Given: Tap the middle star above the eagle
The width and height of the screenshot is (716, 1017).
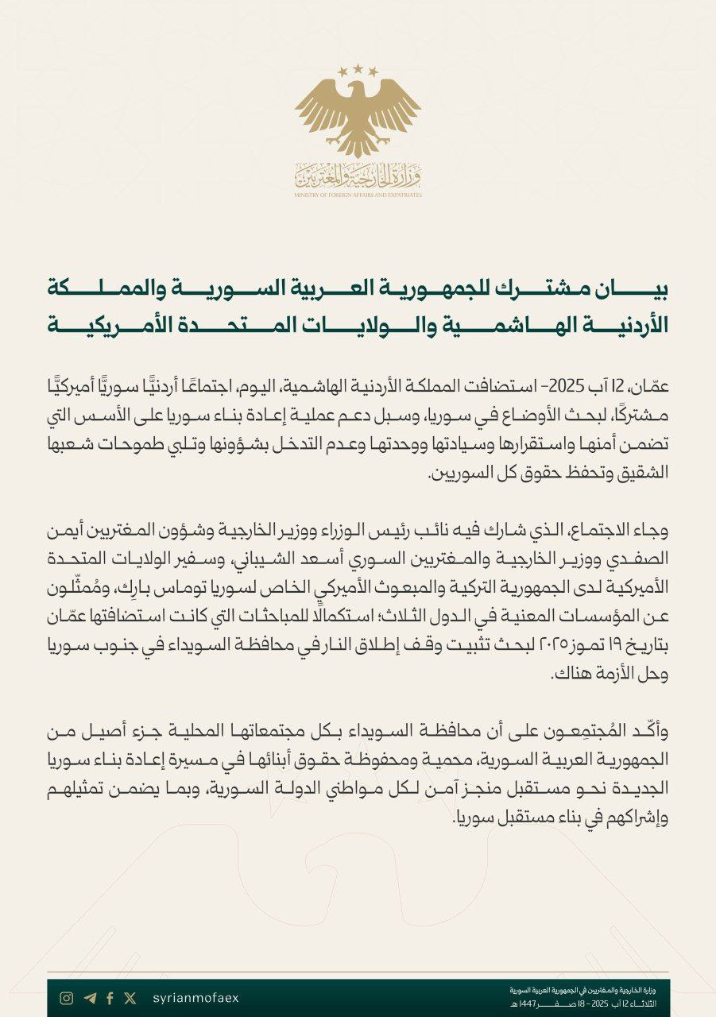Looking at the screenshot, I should pyautogui.click(x=358, y=69).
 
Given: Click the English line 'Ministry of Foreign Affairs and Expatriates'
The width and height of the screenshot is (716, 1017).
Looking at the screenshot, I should pyautogui.click(x=358, y=195).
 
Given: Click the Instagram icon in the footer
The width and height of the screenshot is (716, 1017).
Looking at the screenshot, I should pyautogui.click(x=67, y=998).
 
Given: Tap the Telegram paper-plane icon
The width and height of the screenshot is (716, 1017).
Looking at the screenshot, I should pyautogui.click(x=89, y=998).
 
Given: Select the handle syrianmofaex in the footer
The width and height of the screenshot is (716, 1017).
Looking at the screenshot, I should pyautogui.click(x=195, y=998).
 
